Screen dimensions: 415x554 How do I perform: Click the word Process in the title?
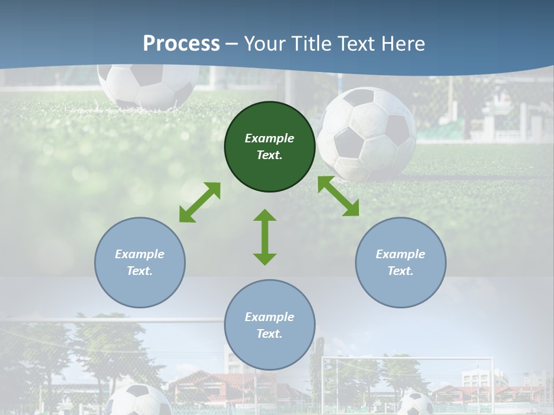click(x=181, y=43)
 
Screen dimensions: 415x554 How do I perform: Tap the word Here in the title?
click(x=402, y=43)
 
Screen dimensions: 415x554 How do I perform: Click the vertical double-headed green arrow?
click(x=265, y=237)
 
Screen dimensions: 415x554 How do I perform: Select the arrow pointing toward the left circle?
click(x=200, y=202)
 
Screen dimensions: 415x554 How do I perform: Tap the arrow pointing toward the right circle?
click(x=339, y=196)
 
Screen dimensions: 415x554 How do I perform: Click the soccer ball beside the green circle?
click(x=367, y=134)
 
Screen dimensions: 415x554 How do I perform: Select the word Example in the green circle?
click(x=269, y=138)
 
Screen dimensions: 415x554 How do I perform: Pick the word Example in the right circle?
click(x=400, y=254)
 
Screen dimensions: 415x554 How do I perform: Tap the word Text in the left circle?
click(x=139, y=271)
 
